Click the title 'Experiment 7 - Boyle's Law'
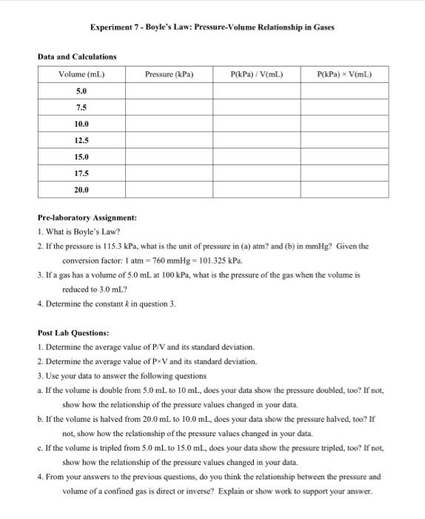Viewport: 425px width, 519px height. tap(212, 27)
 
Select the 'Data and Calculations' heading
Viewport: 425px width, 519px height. tap(77, 56)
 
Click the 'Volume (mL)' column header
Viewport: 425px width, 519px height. tap(81, 74)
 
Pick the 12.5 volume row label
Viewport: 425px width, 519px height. tap(81, 140)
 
